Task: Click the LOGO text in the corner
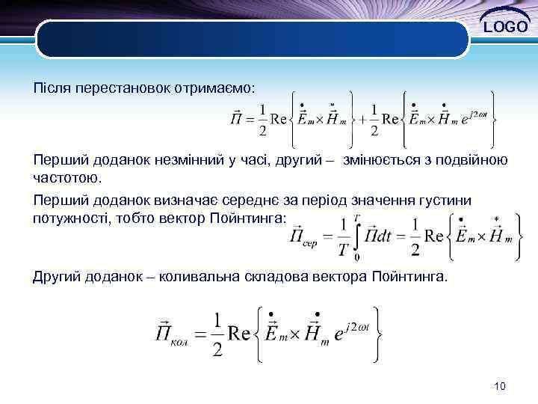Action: pos(506,28)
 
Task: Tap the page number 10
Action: pos(500,386)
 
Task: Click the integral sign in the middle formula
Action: pos(360,236)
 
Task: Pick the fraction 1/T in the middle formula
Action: pos(343,236)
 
